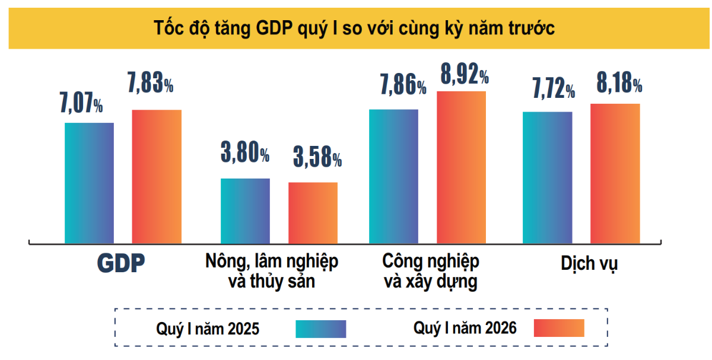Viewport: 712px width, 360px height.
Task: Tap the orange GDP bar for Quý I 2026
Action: (x=157, y=176)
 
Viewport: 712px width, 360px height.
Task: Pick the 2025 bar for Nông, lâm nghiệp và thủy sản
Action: (x=245, y=211)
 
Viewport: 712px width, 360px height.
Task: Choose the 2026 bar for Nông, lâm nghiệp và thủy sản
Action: (x=313, y=212)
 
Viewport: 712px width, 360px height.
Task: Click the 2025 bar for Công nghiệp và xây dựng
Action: (x=393, y=176)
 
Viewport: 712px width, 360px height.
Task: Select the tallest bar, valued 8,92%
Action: (x=461, y=167)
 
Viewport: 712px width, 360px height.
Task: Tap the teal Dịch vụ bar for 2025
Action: (x=547, y=177)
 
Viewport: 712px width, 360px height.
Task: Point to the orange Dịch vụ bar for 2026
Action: (x=615, y=173)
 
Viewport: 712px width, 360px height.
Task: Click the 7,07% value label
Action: (x=81, y=103)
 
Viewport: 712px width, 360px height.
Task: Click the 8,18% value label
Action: (x=619, y=84)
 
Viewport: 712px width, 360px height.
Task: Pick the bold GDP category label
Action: (x=121, y=264)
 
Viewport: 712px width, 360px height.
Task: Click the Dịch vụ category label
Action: (x=589, y=263)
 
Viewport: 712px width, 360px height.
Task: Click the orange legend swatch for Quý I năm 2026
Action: (x=559, y=328)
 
